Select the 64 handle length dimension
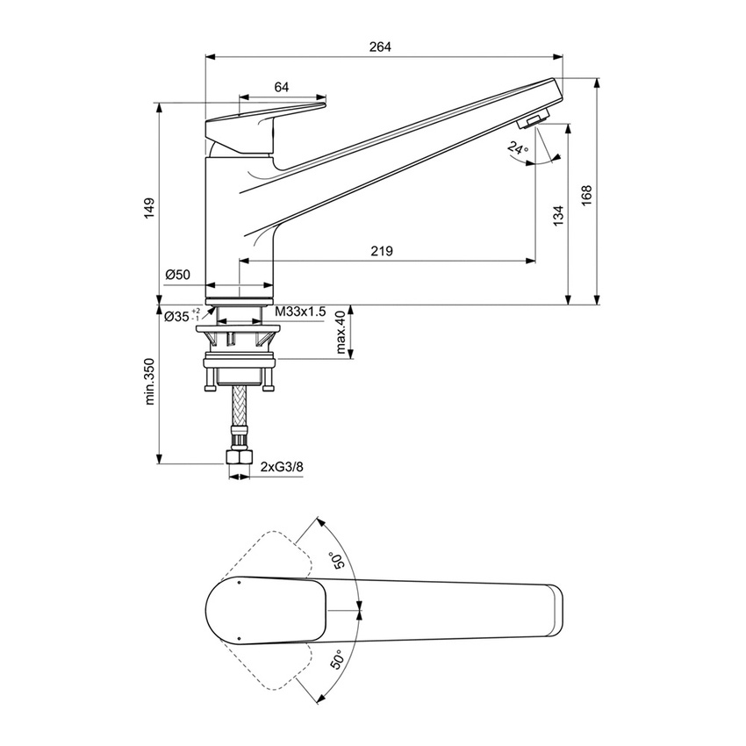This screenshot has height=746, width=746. coord(282,86)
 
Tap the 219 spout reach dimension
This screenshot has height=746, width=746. coord(381,251)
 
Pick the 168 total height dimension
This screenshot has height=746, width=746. coord(586,194)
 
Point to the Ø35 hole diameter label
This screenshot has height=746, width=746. coord(183,316)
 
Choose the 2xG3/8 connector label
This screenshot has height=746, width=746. coord(282,468)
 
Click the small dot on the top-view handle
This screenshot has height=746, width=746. coord(239,581)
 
